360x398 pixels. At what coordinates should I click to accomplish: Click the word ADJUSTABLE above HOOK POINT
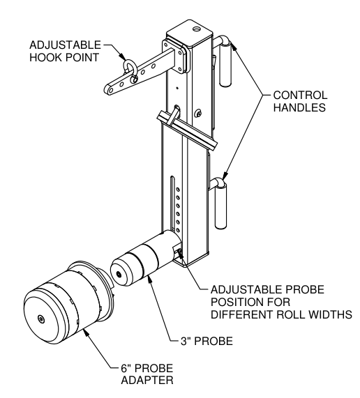coord(66,45)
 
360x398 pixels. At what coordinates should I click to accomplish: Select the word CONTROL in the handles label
coord(300,95)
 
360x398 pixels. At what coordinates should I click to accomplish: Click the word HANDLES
coord(299,107)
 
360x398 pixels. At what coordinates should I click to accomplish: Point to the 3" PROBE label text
coord(207,341)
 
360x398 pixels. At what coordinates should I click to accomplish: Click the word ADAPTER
coord(147,381)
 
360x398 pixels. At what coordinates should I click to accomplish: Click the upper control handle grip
coord(225,64)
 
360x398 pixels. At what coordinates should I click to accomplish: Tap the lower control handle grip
coord(220,206)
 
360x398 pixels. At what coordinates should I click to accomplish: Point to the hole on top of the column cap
coord(196,29)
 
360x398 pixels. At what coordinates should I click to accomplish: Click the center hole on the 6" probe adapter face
coord(41,319)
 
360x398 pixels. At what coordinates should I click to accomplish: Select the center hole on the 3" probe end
coord(119,274)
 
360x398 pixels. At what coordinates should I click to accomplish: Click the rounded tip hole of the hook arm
coord(111,90)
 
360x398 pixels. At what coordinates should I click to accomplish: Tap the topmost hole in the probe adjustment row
coord(178,189)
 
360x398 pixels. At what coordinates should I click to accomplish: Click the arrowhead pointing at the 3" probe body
coord(150,280)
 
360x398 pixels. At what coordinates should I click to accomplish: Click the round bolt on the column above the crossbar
coord(198,113)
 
